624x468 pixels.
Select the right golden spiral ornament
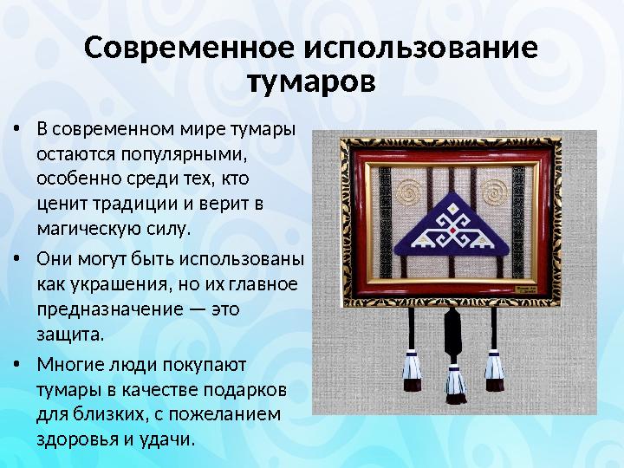pos(500,190)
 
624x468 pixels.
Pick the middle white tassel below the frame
pos(454,380)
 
